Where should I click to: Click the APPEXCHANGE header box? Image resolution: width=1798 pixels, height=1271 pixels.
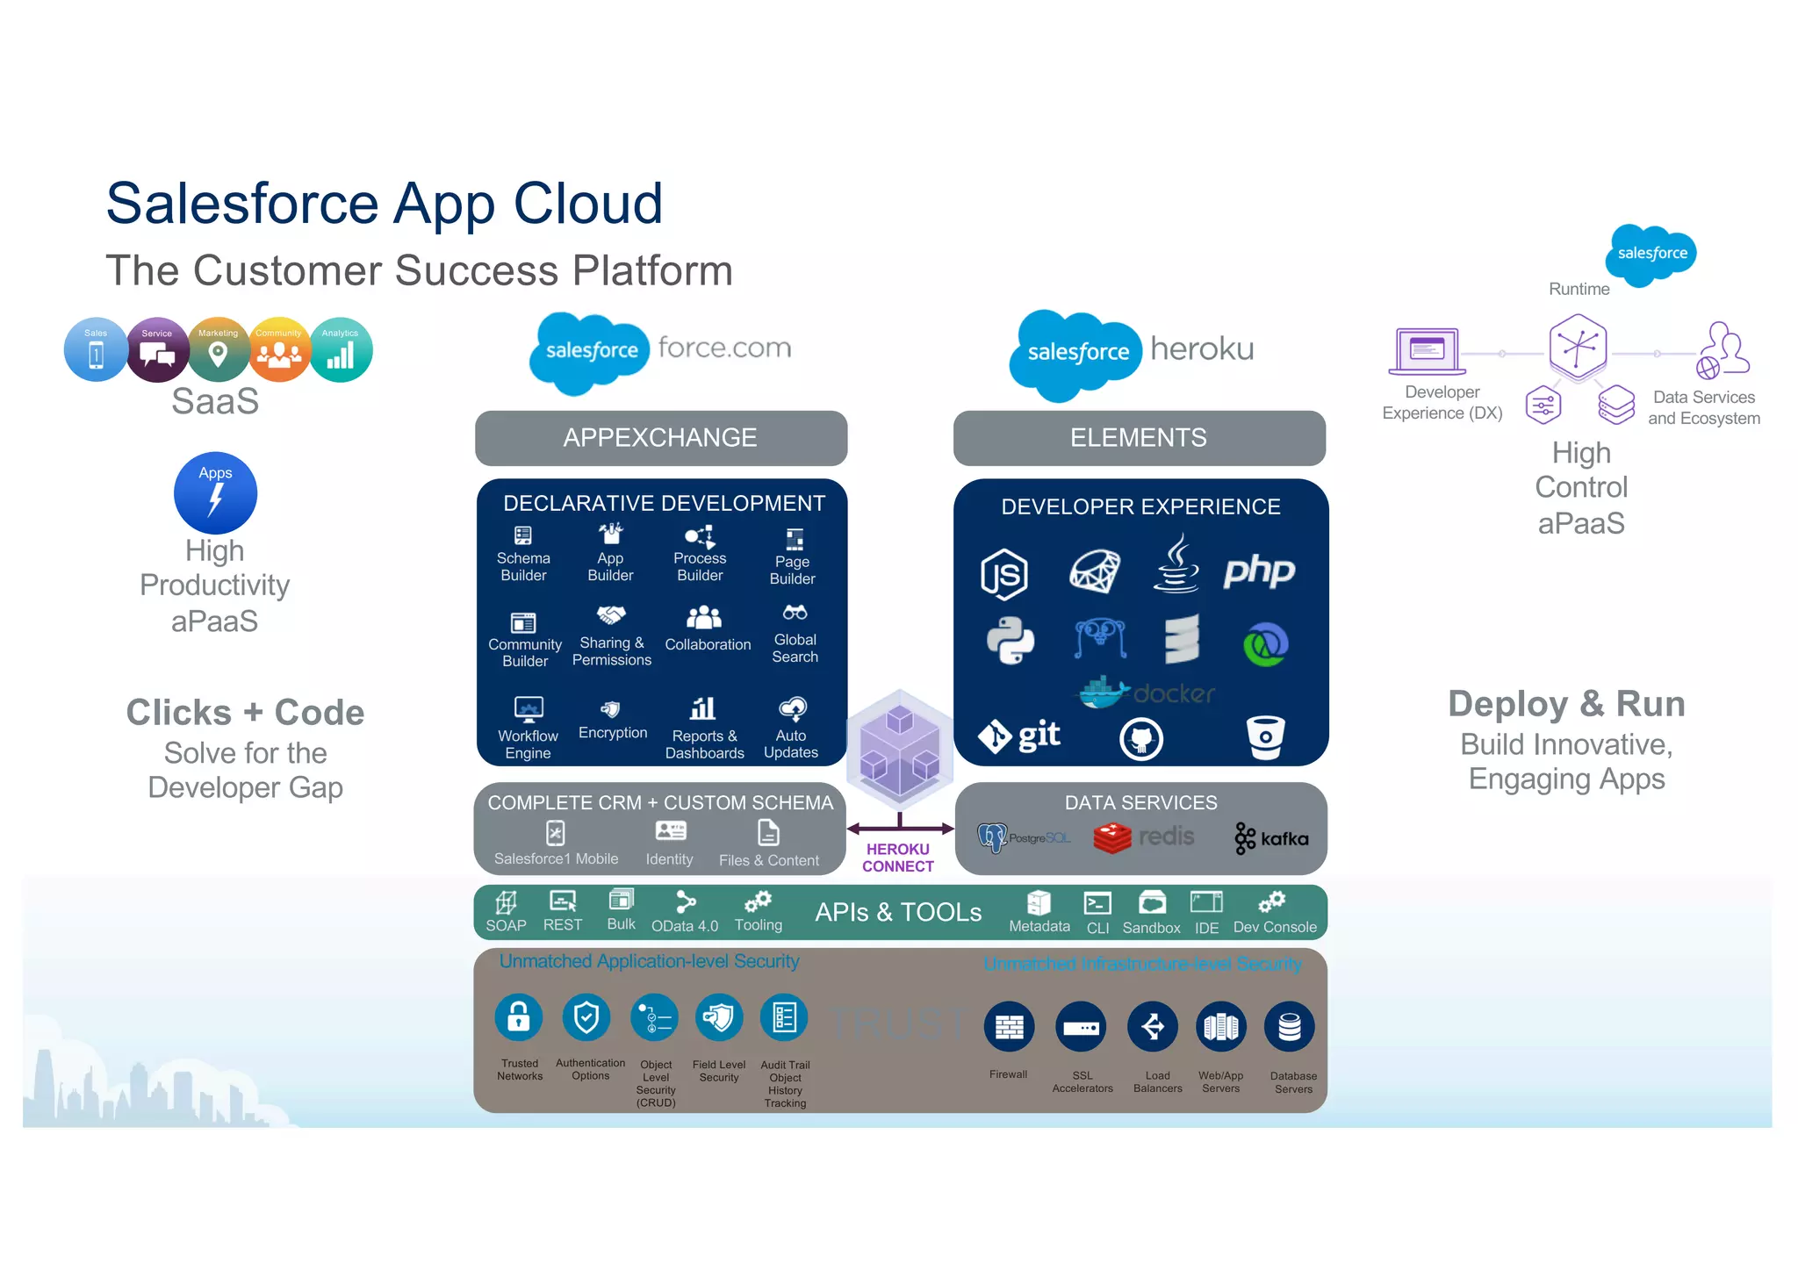(660, 437)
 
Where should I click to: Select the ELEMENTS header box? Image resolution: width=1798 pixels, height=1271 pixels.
(1139, 437)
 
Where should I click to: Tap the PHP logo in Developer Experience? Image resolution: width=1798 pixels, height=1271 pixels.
(1259, 571)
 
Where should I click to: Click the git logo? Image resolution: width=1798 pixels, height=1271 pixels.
(1019, 736)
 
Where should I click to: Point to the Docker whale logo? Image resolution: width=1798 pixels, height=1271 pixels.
(1103, 693)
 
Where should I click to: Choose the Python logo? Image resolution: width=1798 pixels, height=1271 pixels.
(1010, 641)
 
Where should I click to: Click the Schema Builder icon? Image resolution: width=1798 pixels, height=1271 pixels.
(523, 535)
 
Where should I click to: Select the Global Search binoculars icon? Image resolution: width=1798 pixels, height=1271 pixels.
(795, 613)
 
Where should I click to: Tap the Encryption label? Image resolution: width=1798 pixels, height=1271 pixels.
(613, 732)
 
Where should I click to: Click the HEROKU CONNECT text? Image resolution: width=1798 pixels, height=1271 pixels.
(897, 858)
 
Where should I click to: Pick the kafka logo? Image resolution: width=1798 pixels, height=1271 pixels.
(1271, 838)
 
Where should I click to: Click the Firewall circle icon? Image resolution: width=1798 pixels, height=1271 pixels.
(1009, 1026)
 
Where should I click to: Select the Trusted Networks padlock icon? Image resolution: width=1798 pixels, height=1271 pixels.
(519, 1017)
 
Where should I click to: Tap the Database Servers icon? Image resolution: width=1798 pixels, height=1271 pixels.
(1289, 1026)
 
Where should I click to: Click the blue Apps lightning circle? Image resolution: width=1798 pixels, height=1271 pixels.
(215, 493)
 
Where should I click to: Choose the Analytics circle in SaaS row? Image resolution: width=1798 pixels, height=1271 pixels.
(341, 350)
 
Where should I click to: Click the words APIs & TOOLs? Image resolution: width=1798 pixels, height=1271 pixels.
(897, 912)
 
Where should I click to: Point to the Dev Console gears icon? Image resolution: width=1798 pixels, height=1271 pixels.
(1271, 902)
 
